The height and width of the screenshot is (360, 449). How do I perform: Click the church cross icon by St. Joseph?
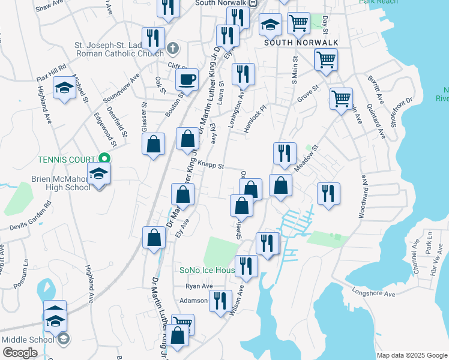[172, 48]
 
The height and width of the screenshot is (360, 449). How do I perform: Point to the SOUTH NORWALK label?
[301, 43]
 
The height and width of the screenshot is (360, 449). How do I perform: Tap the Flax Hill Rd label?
[50, 64]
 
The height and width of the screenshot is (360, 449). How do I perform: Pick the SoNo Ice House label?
[206, 271]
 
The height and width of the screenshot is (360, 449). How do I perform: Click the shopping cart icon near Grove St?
[341, 98]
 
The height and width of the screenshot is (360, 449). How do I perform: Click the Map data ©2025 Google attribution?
[412, 355]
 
